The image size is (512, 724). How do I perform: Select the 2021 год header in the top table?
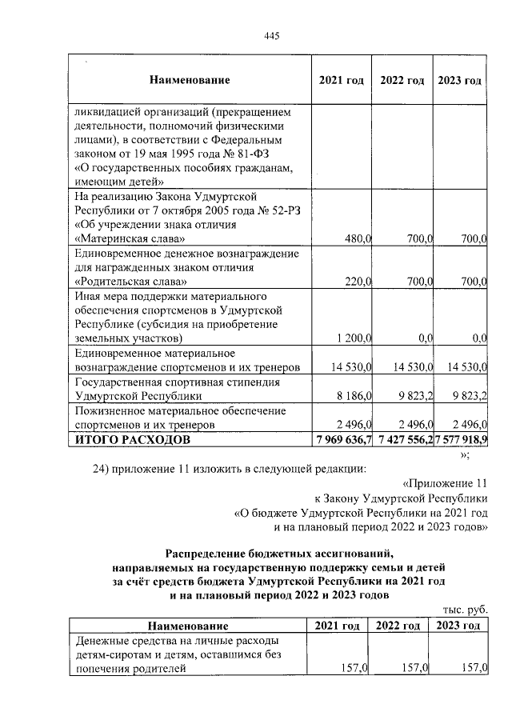point(341,80)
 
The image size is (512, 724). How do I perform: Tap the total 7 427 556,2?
point(402,440)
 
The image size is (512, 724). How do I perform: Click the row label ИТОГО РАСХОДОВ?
point(132,440)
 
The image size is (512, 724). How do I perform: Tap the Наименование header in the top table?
point(189,80)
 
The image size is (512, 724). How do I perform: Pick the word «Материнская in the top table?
point(110,238)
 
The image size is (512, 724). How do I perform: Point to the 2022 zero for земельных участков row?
point(425,339)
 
